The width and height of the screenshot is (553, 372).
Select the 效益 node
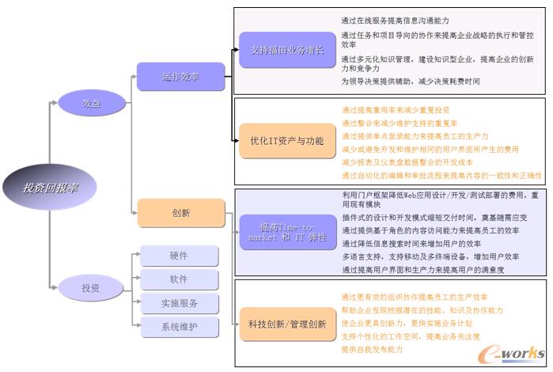pyautogui.click(x=91, y=102)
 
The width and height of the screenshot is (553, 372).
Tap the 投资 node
pyautogui.click(x=91, y=288)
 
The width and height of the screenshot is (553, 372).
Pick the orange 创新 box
pyautogui.click(x=180, y=213)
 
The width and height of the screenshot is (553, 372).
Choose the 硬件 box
pyautogui.click(x=180, y=256)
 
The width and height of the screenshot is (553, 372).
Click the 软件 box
pyautogui.click(x=180, y=279)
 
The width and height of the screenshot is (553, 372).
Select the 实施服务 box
pyautogui.click(x=180, y=303)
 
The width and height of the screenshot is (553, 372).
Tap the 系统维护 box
pyautogui.click(x=180, y=326)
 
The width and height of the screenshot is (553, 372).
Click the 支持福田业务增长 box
pyautogui.click(x=277, y=50)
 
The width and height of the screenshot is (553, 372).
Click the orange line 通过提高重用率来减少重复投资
pyautogui.click(x=396, y=110)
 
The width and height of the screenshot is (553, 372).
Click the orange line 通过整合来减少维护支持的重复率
pyautogui.click(x=400, y=123)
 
